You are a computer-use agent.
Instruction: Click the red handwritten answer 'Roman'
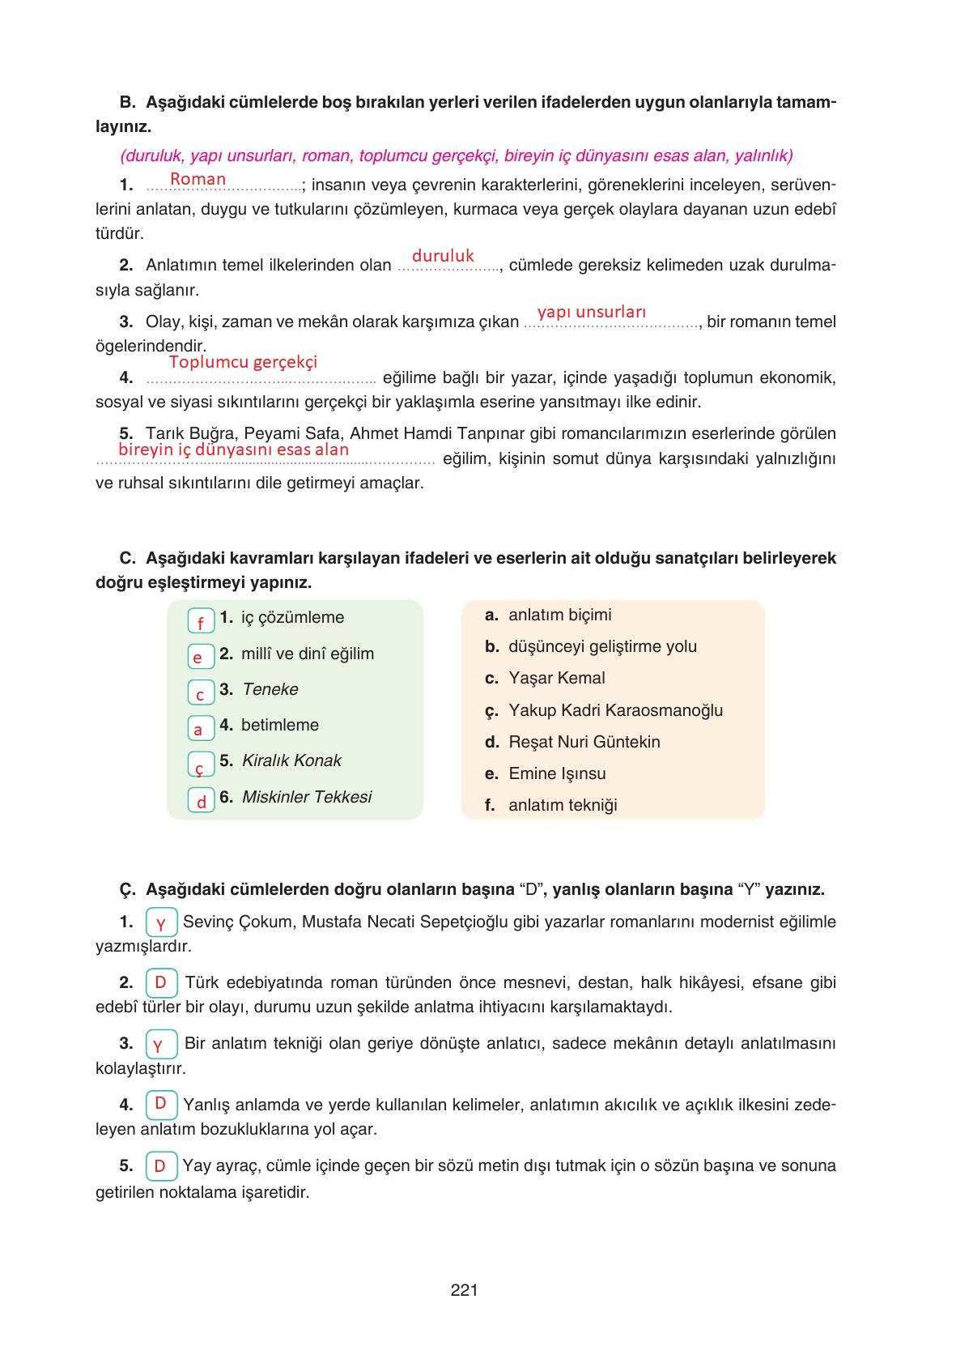tap(198, 179)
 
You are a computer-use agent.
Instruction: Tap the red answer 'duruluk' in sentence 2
tap(443, 256)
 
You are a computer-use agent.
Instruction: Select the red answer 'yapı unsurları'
tap(592, 312)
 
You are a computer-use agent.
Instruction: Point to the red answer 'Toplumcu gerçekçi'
tap(243, 362)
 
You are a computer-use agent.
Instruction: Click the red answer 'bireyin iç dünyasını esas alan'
tap(233, 449)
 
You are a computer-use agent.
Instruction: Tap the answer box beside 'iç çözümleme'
tap(201, 621)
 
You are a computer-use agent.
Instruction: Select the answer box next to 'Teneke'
tap(201, 693)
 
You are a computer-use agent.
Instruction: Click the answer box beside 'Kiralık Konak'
tap(201, 765)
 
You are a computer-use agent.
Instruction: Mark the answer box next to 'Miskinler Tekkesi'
tap(201, 800)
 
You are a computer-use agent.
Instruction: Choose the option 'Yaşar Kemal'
tap(556, 678)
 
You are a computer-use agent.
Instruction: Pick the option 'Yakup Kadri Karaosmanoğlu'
tap(615, 710)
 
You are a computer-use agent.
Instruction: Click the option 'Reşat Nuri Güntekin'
tap(584, 742)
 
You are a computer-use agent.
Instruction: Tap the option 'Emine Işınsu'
tap(557, 773)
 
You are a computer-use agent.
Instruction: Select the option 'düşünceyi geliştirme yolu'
tap(602, 646)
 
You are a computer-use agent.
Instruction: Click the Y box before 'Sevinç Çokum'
tap(161, 923)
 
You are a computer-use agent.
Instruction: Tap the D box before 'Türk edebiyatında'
tap(161, 983)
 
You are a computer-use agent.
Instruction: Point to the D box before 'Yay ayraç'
tap(161, 1166)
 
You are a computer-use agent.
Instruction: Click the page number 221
tap(464, 1290)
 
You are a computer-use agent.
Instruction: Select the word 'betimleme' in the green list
tap(280, 725)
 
